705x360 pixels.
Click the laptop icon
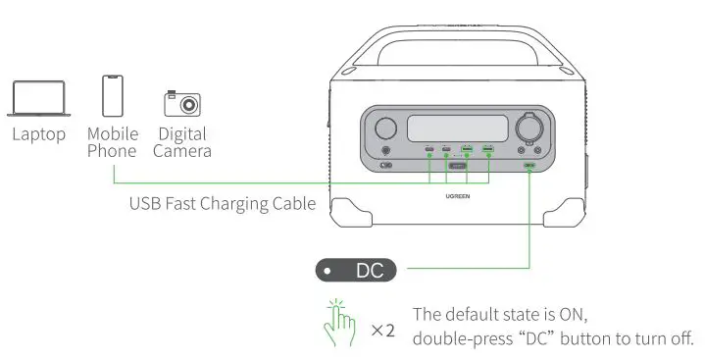pos(39,100)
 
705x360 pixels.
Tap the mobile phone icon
pos(113,96)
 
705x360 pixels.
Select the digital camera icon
pos(181,103)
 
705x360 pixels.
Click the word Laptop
pos(39,133)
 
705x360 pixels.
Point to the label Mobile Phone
pos(113,141)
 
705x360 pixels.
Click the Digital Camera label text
pos(181,142)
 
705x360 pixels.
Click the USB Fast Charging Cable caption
pos(223,204)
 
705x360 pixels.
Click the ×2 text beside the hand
pos(382,331)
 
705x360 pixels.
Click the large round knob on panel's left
pos(385,128)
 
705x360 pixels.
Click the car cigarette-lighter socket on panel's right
pos(531,129)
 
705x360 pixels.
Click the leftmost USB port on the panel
pos(429,150)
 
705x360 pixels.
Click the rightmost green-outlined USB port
pos(487,150)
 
